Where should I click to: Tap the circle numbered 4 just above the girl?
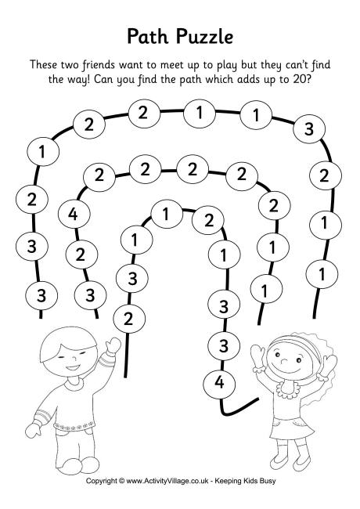(x=218, y=383)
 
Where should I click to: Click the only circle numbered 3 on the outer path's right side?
(x=309, y=129)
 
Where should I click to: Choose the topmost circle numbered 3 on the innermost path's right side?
(x=224, y=305)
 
